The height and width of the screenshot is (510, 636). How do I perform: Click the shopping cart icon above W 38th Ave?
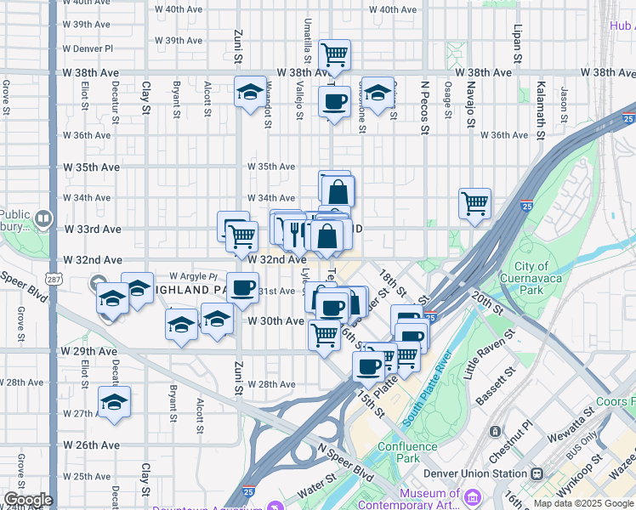click(x=335, y=56)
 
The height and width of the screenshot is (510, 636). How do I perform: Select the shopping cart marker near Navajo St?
click(x=474, y=203)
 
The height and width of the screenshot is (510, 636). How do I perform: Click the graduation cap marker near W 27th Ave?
click(x=113, y=404)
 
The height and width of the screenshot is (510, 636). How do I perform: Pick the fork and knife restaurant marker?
click(x=295, y=231)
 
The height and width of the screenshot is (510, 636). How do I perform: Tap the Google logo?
click(x=28, y=500)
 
